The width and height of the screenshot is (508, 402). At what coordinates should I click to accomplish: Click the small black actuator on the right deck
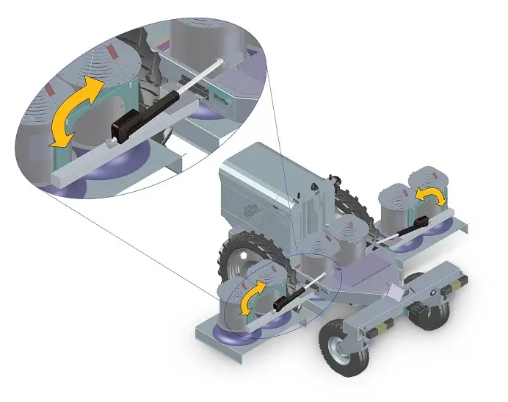pos(421,223)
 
